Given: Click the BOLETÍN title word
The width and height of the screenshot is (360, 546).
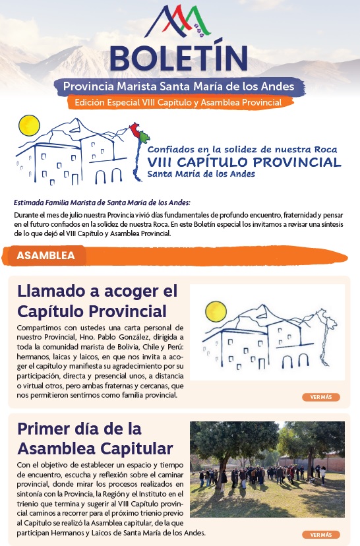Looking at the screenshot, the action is [x=179, y=57].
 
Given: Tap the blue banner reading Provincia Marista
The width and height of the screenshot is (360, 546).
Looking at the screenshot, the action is [x=179, y=86].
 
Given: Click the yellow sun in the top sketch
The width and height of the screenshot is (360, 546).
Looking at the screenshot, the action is [x=29, y=125].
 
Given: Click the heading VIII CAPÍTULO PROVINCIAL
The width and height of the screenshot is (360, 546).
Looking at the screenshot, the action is [x=244, y=162].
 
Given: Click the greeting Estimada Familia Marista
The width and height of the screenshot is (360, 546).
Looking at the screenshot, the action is [x=102, y=203].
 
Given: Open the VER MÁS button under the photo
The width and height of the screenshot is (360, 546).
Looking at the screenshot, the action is [x=321, y=534].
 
